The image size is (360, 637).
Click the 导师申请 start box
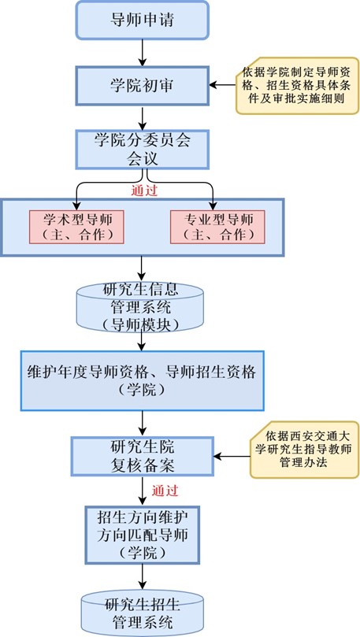[x=143, y=20]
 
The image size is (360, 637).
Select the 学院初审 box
[x=143, y=86]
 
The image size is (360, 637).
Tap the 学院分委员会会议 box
[x=143, y=149]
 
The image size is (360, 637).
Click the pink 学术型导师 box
[x=76, y=227]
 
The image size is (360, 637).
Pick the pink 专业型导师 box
[x=217, y=227]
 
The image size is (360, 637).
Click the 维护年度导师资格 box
[x=143, y=380]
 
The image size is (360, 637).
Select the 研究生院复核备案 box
[x=143, y=456]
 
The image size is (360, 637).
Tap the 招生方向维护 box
[x=143, y=535]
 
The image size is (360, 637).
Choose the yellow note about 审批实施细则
[x=298, y=86]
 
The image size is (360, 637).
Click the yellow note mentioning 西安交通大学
[x=304, y=450]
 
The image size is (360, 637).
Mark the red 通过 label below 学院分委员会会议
[x=144, y=191]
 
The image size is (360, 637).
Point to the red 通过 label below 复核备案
[x=165, y=491]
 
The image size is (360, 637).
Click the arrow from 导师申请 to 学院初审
[x=143, y=53]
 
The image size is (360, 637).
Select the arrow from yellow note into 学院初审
[x=223, y=85]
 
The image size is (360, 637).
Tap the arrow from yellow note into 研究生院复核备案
[x=232, y=456]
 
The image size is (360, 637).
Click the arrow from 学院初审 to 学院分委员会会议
[x=143, y=118]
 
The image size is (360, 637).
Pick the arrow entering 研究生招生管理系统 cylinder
[x=143, y=577]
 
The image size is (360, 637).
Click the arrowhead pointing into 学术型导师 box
[x=76, y=206]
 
